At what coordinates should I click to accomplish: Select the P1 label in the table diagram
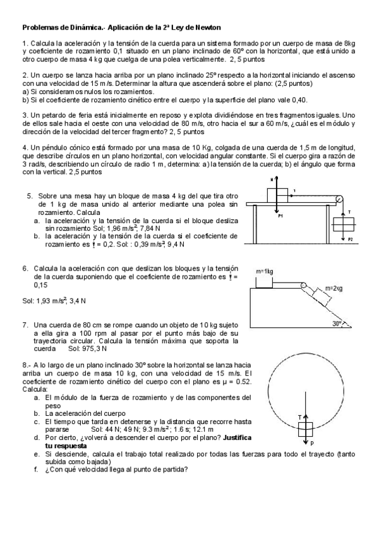tap(280, 216)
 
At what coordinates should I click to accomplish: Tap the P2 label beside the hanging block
tap(350, 240)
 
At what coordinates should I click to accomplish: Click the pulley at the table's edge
tap(339, 199)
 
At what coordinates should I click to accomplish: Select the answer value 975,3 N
tap(93, 348)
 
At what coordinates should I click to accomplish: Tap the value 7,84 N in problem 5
tap(152, 228)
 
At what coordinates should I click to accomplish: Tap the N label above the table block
tap(272, 180)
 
